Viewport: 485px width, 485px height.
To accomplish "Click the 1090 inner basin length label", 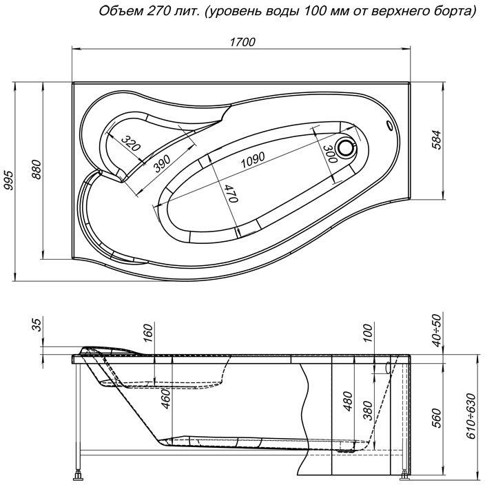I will pyautogui.click(x=252, y=160).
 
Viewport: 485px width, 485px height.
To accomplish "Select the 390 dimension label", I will pyautogui.click(x=163, y=163).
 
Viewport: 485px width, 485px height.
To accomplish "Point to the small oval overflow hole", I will pyautogui.click(x=391, y=126).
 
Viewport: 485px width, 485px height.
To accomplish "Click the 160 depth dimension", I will pyautogui.click(x=148, y=335).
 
